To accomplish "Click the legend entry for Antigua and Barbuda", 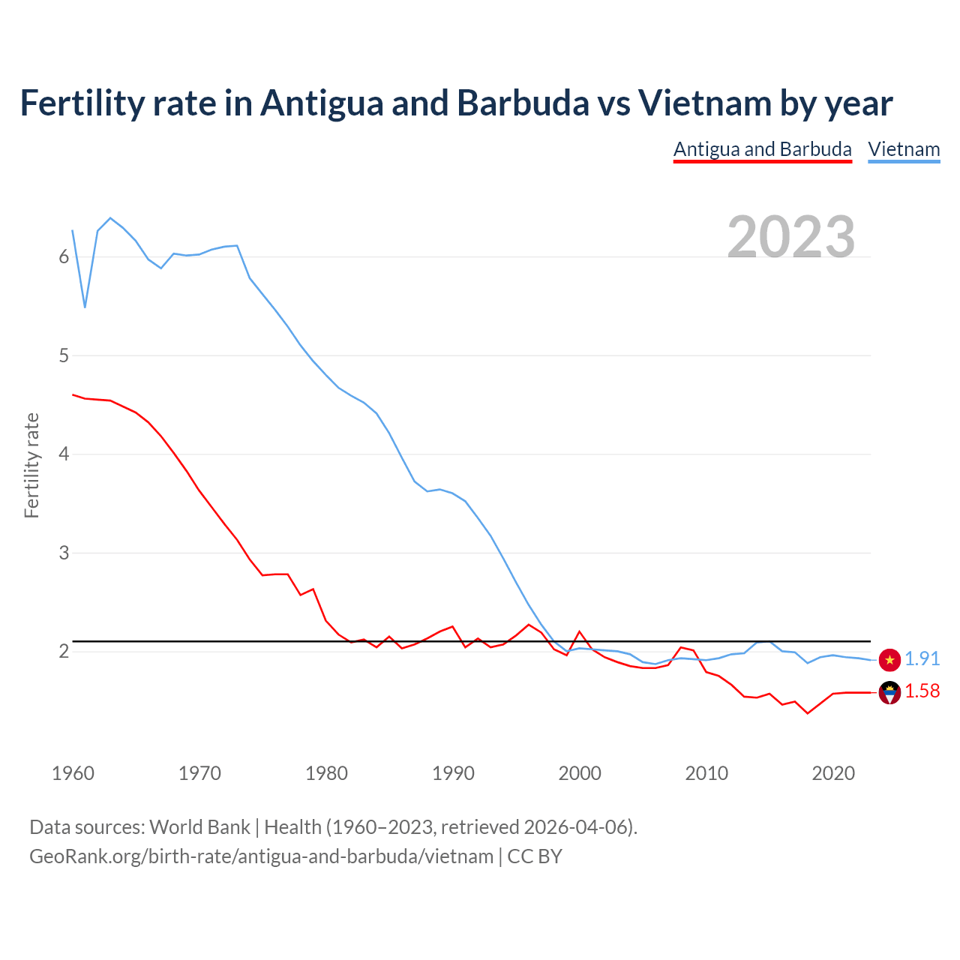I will tap(762, 149).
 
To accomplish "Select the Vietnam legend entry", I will tap(904, 149).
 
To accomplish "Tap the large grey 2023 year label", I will tap(791, 237).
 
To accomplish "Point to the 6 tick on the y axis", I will tap(64, 257).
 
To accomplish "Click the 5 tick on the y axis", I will tap(64, 355).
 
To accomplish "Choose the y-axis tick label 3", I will tap(64, 553).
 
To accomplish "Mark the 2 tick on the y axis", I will tap(64, 651).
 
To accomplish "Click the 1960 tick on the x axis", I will tap(73, 773).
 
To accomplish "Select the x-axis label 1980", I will tap(326, 773).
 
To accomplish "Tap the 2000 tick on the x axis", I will tap(580, 773).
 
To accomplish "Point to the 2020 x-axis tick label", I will tap(833, 773).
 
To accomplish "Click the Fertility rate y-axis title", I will tap(31, 465).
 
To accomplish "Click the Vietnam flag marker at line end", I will tap(889, 660).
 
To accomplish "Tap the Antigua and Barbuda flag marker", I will tap(889, 693).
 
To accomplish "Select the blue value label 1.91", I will tap(922, 658).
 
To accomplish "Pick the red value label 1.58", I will tap(922, 691).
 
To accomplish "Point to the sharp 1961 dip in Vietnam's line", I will tap(85, 307).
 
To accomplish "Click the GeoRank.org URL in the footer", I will tap(261, 856).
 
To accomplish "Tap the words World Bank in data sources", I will tap(199, 827).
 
